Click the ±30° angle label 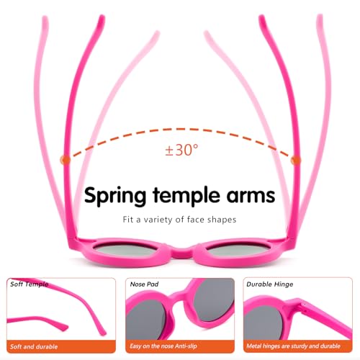(182, 150)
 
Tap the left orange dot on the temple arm (65, 160)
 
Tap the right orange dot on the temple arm (295, 160)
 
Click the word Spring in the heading (115, 196)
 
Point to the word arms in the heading (251, 196)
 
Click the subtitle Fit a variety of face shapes (179, 220)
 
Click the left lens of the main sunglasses (124, 250)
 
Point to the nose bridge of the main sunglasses (180, 253)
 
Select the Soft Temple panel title (29, 284)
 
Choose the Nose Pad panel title (144, 284)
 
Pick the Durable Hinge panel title (270, 284)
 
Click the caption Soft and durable (34, 346)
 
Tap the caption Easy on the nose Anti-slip (163, 346)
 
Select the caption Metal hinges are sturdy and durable (293, 346)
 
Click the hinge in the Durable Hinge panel (303, 308)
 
